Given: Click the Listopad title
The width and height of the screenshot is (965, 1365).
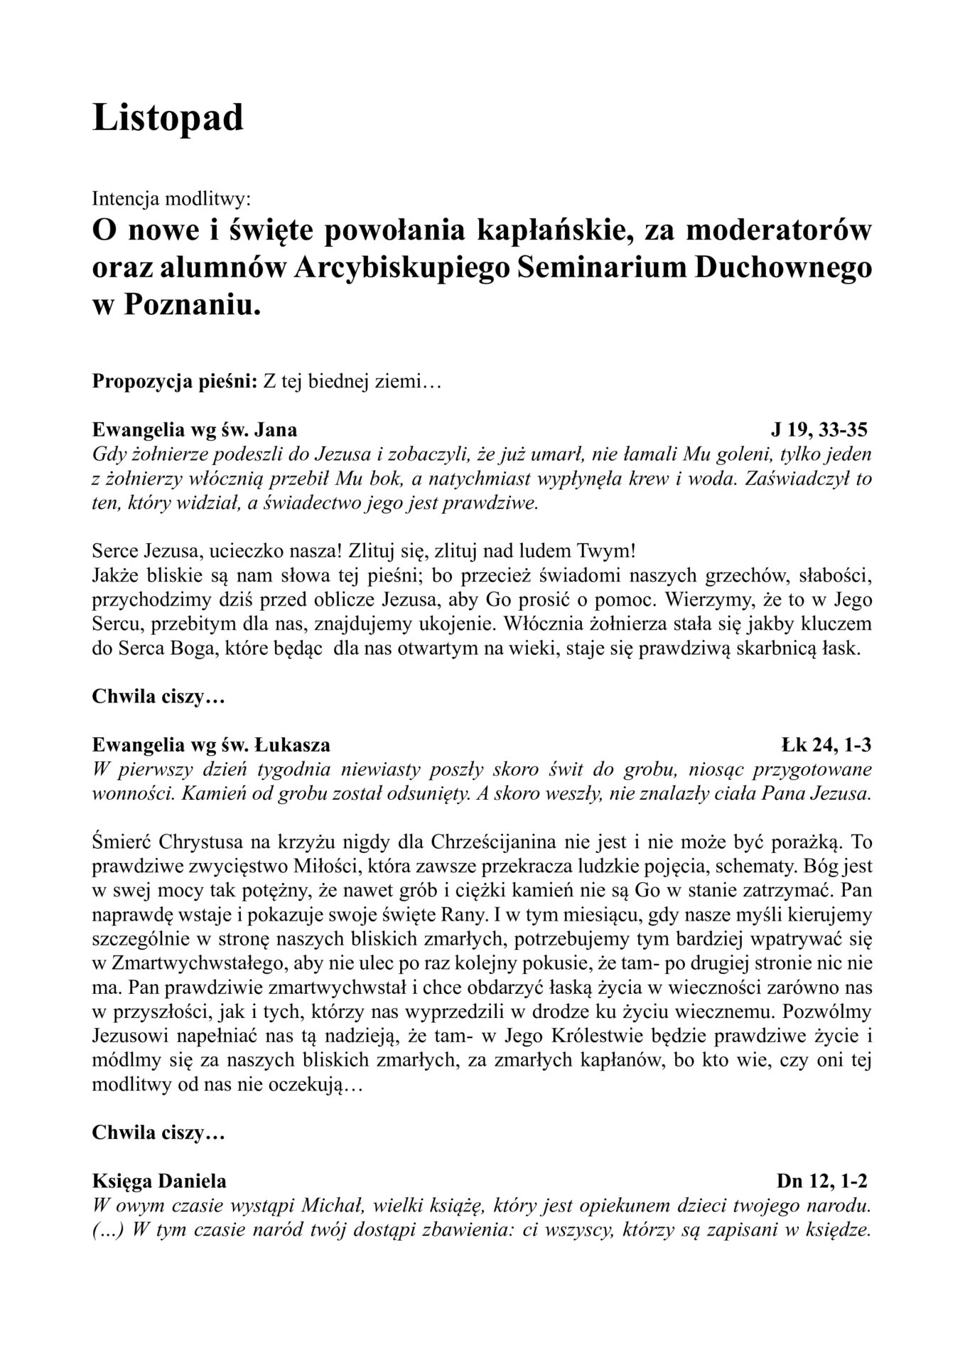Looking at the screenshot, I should (x=168, y=117).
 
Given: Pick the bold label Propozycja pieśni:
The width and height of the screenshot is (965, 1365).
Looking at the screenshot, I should (x=175, y=382).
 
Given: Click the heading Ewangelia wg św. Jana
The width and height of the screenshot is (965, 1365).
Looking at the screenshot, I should (x=195, y=429).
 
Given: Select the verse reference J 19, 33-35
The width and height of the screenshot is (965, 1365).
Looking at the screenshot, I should (x=820, y=429).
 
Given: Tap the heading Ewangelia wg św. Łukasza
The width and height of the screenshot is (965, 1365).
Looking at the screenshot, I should (x=211, y=745).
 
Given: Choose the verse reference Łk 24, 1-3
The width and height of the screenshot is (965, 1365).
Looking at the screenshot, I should (x=826, y=745).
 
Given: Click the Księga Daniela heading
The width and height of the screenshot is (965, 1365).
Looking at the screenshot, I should (x=160, y=1181).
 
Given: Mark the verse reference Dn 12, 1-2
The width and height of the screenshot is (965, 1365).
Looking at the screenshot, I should (x=823, y=1181).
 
